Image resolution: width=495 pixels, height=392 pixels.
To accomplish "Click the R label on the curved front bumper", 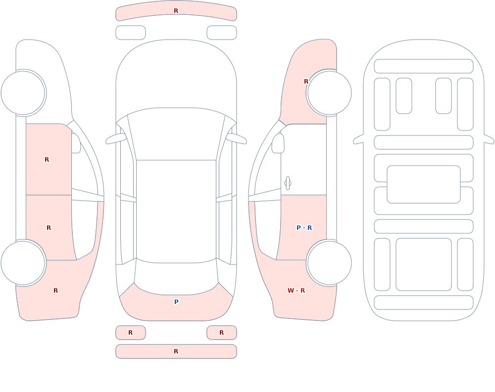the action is click(176, 11).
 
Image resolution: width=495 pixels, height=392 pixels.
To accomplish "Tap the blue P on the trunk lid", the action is click(177, 302).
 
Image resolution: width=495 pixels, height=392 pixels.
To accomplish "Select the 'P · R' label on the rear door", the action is click(304, 228).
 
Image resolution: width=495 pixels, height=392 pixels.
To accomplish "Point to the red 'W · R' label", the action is click(296, 291).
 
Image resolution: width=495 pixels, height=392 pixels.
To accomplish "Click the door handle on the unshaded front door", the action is click(288, 183).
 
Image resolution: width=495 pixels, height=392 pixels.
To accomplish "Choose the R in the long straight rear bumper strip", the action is click(176, 351).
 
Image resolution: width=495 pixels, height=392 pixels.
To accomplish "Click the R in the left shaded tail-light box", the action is click(130, 332).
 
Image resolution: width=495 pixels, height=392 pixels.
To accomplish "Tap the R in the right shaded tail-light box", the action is click(222, 332).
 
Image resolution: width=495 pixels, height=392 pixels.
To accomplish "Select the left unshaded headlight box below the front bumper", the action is click(131, 33).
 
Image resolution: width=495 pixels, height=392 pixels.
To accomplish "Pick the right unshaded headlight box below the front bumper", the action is click(222, 33).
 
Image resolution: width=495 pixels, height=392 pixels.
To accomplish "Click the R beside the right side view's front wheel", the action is click(306, 82).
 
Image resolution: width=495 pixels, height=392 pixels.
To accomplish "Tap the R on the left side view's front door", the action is click(47, 160).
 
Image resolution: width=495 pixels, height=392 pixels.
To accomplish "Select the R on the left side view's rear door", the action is click(49, 228).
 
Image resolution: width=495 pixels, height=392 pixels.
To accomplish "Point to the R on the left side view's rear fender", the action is click(55, 291).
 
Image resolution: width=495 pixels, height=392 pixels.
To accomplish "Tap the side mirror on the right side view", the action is click(278, 143).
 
